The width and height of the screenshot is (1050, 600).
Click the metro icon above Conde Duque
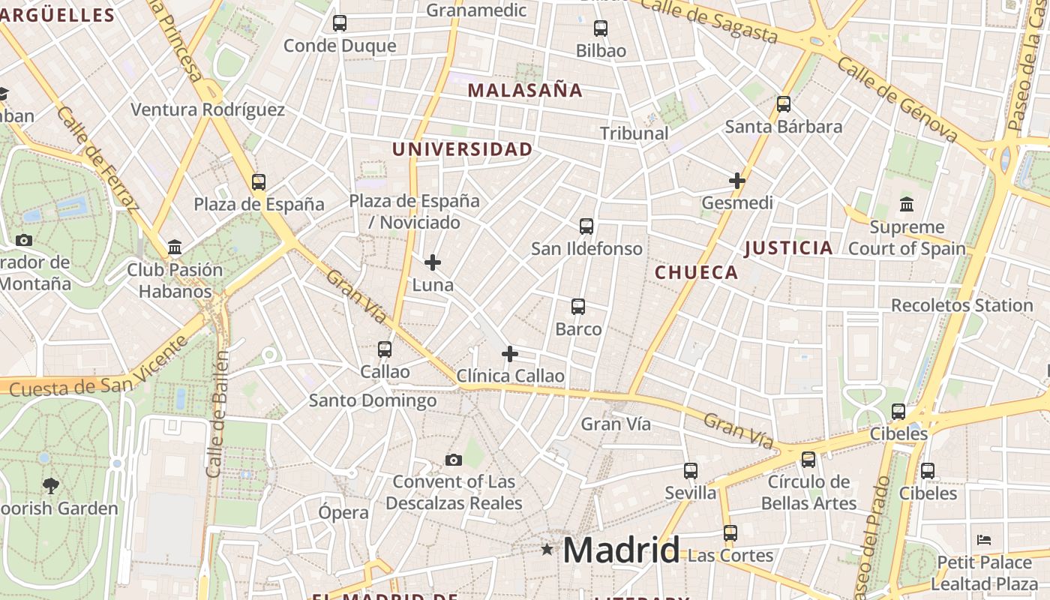pos(340,23)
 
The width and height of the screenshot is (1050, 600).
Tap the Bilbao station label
pos(601,51)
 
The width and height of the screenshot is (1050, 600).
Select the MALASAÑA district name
pos(525,91)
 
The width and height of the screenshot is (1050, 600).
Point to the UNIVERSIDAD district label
pos(462,149)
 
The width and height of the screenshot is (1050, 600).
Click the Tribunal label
pos(634,133)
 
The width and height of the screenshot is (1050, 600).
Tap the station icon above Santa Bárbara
pos(784,104)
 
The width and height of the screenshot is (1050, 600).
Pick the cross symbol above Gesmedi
pos(737,181)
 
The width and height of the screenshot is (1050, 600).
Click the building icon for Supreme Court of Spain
pos(907,204)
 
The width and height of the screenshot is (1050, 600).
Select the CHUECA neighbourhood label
pos(697,272)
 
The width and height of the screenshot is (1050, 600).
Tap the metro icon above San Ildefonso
pos(586,226)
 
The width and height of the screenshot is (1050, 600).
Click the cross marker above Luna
pos(433,262)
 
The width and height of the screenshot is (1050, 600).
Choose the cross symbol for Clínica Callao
pos(510,354)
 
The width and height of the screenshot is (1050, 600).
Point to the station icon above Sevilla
pos(691,471)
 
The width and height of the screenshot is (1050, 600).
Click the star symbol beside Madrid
pos(547,550)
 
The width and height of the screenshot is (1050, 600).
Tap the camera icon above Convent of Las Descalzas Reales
pos(454,460)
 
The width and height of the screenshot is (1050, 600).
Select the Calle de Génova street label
pos(898,100)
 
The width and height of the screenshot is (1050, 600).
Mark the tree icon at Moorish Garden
pos(51,485)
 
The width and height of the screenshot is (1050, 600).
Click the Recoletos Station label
pos(961,305)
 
